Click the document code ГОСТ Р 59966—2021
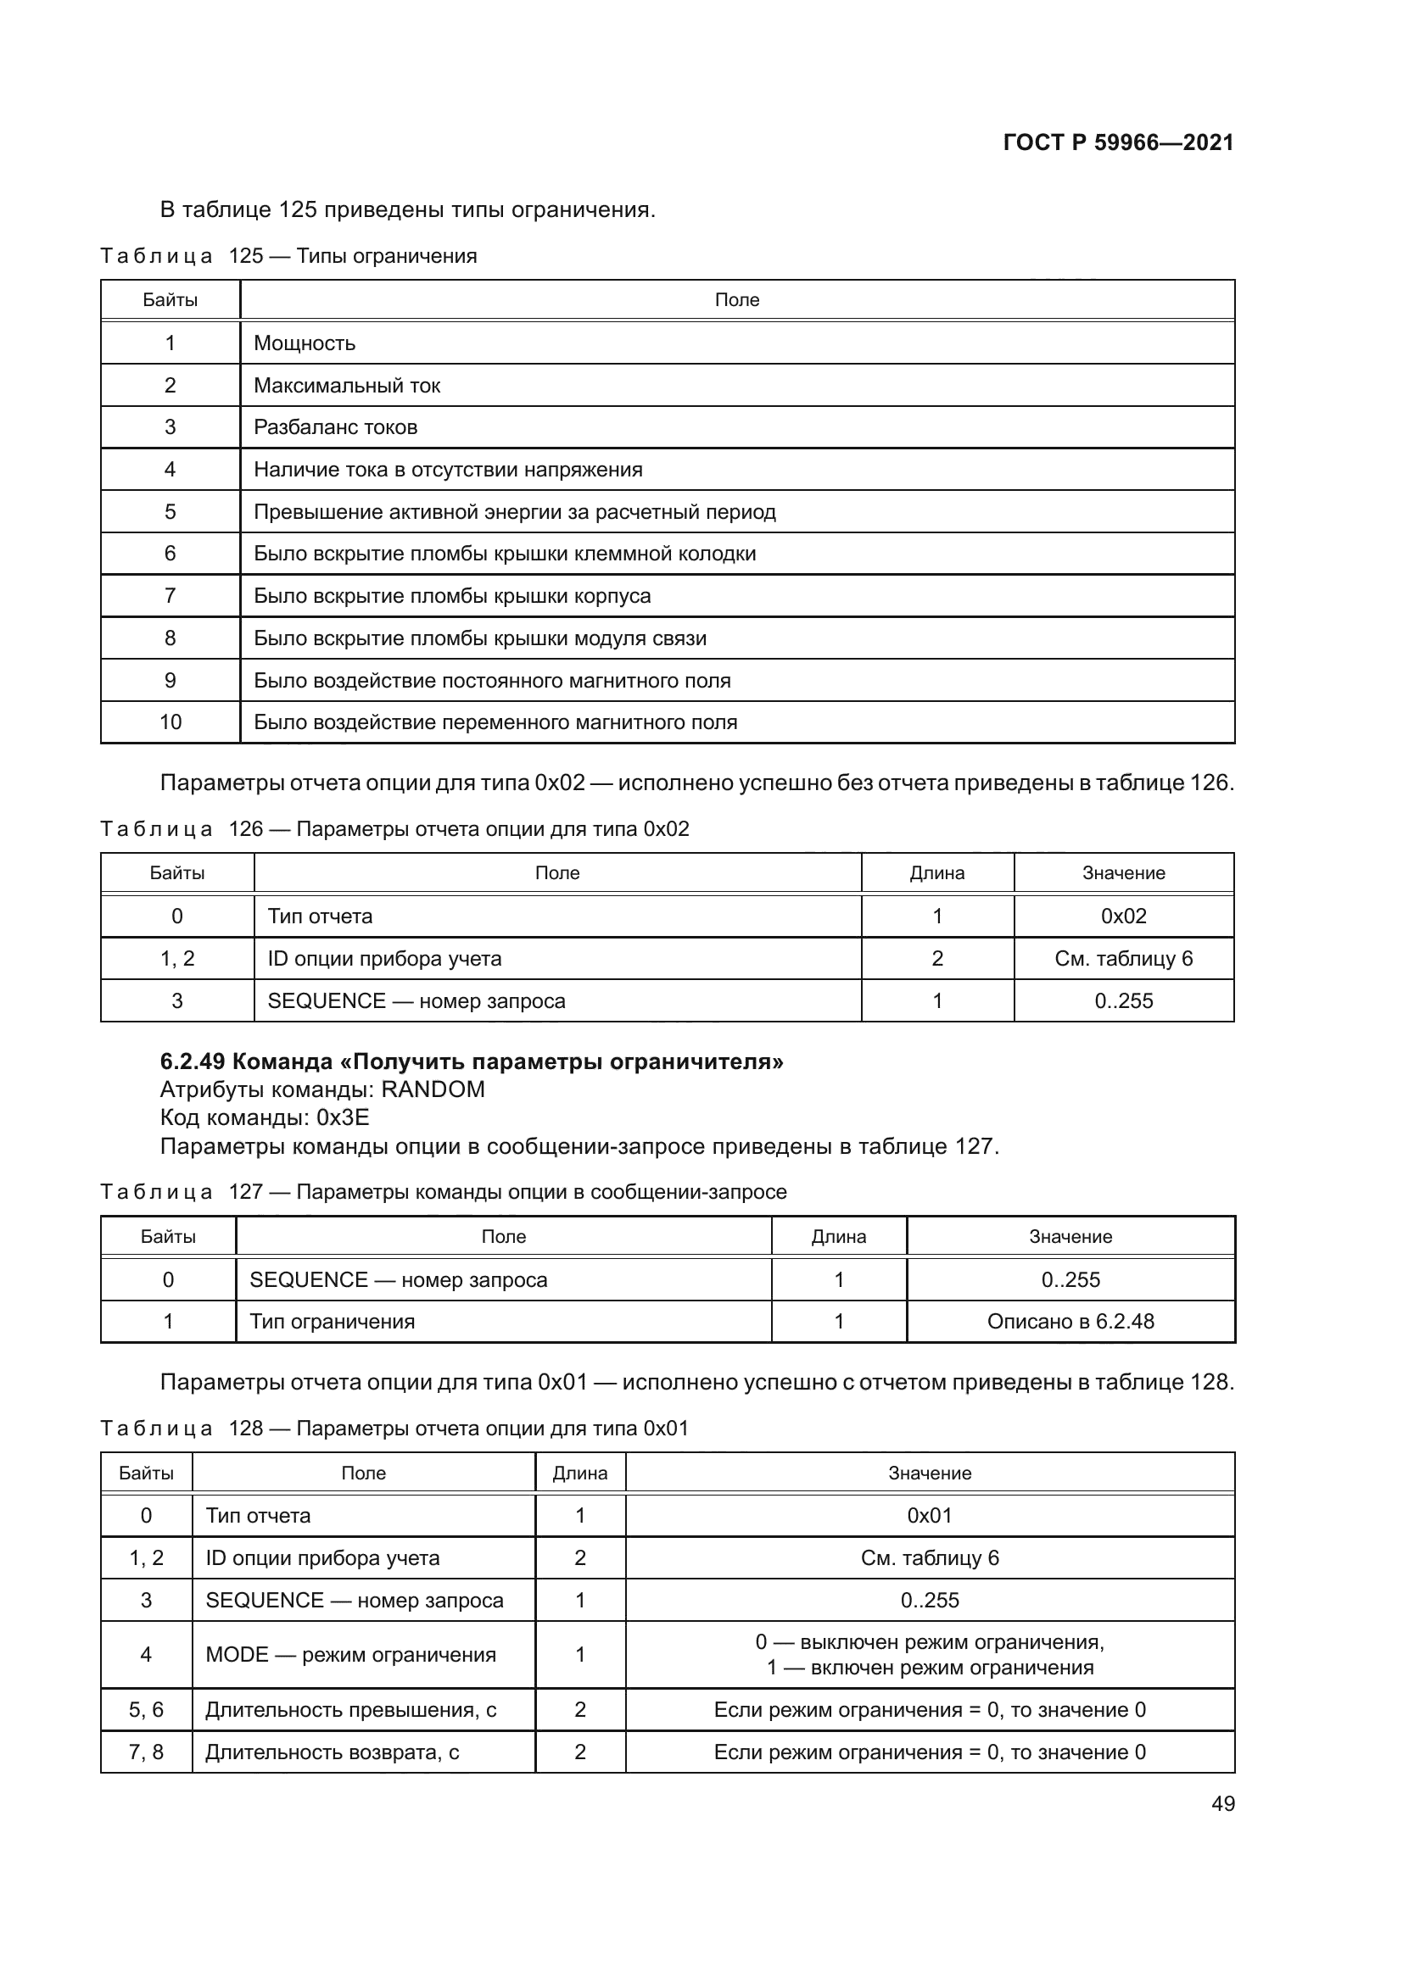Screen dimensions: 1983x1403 coord(1118,142)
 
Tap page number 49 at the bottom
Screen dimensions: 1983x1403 coord(1222,1803)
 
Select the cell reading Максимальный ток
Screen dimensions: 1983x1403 coord(346,385)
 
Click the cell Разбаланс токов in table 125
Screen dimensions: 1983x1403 coord(335,426)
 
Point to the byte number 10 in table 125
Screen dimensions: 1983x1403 coord(170,722)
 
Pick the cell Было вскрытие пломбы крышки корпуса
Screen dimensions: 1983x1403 coord(452,596)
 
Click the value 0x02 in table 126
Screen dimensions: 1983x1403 coord(1123,916)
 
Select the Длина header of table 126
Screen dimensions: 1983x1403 coord(936,873)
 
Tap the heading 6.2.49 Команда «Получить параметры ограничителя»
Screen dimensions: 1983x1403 coord(472,1061)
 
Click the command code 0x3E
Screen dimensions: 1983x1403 coord(343,1117)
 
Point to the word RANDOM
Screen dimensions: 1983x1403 coord(433,1089)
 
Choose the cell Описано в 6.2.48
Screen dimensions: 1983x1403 coord(1070,1322)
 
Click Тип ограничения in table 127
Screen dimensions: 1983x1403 coord(332,1322)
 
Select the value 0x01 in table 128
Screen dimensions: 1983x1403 coord(930,1516)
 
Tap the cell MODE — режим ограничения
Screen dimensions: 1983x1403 coord(351,1655)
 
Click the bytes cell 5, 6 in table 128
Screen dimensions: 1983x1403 coord(146,1710)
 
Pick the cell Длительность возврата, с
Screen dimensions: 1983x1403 coord(332,1752)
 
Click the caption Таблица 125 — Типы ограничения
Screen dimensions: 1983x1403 coord(288,257)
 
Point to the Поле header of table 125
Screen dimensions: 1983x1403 coord(737,299)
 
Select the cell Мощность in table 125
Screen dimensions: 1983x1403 coord(305,343)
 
